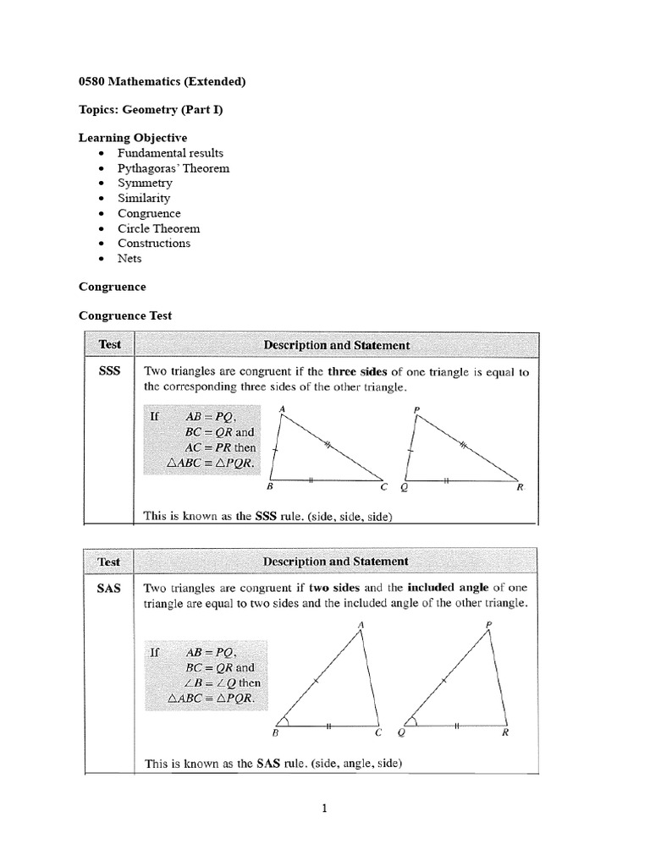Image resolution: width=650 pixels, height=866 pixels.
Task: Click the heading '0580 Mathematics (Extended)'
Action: (162, 82)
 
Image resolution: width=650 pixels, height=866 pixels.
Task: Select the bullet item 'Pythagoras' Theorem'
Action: (174, 168)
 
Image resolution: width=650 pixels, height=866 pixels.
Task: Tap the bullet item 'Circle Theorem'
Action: (158, 228)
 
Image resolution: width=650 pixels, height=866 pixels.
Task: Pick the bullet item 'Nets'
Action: (129, 258)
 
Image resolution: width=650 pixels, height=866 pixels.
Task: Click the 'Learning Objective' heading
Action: (133, 137)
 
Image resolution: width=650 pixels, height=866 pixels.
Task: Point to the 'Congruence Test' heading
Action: (125, 315)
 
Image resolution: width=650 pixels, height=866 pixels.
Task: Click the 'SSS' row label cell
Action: (110, 370)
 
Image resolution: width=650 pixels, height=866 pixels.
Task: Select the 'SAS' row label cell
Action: (110, 588)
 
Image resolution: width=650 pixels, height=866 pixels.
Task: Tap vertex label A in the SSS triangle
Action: (282, 409)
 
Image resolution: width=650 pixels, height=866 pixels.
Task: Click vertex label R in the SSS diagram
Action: (520, 488)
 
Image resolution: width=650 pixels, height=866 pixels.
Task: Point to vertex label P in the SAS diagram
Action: (489, 625)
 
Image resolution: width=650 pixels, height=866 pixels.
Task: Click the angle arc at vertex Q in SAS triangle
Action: (413, 721)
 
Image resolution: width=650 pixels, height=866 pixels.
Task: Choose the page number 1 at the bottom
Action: (324, 808)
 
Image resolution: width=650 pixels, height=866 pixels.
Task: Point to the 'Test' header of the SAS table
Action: (109, 562)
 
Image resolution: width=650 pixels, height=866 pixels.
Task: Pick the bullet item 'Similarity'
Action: (144, 198)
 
